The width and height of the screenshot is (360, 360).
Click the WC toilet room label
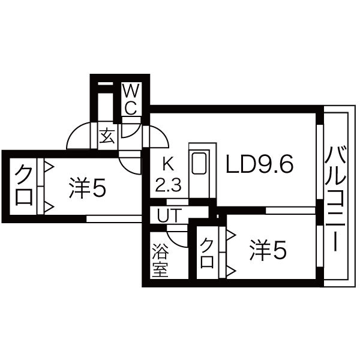[x=131, y=99]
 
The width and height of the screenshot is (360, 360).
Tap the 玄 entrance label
[x=107, y=136]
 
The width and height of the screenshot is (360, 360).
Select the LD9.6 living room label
[x=260, y=164]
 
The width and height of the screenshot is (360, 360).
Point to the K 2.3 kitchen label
[x=168, y=175]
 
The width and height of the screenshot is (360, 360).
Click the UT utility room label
[x=169, y=215]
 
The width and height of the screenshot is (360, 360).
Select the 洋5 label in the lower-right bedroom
[x=268, y=250]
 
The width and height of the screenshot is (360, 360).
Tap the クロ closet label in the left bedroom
[x=23, y=185]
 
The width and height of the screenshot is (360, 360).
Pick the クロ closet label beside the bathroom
[x=206, y=253]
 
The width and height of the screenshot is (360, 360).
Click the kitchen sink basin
[x=199, y=163]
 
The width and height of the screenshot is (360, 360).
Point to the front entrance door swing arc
[x=79, y=136]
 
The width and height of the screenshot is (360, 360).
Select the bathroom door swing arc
[x=177, y=239]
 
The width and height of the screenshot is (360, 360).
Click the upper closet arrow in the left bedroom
[x=49, y=167]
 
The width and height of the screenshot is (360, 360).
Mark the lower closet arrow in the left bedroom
[x=49, y=207]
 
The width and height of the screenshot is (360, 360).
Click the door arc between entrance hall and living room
[x=159, y=136]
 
